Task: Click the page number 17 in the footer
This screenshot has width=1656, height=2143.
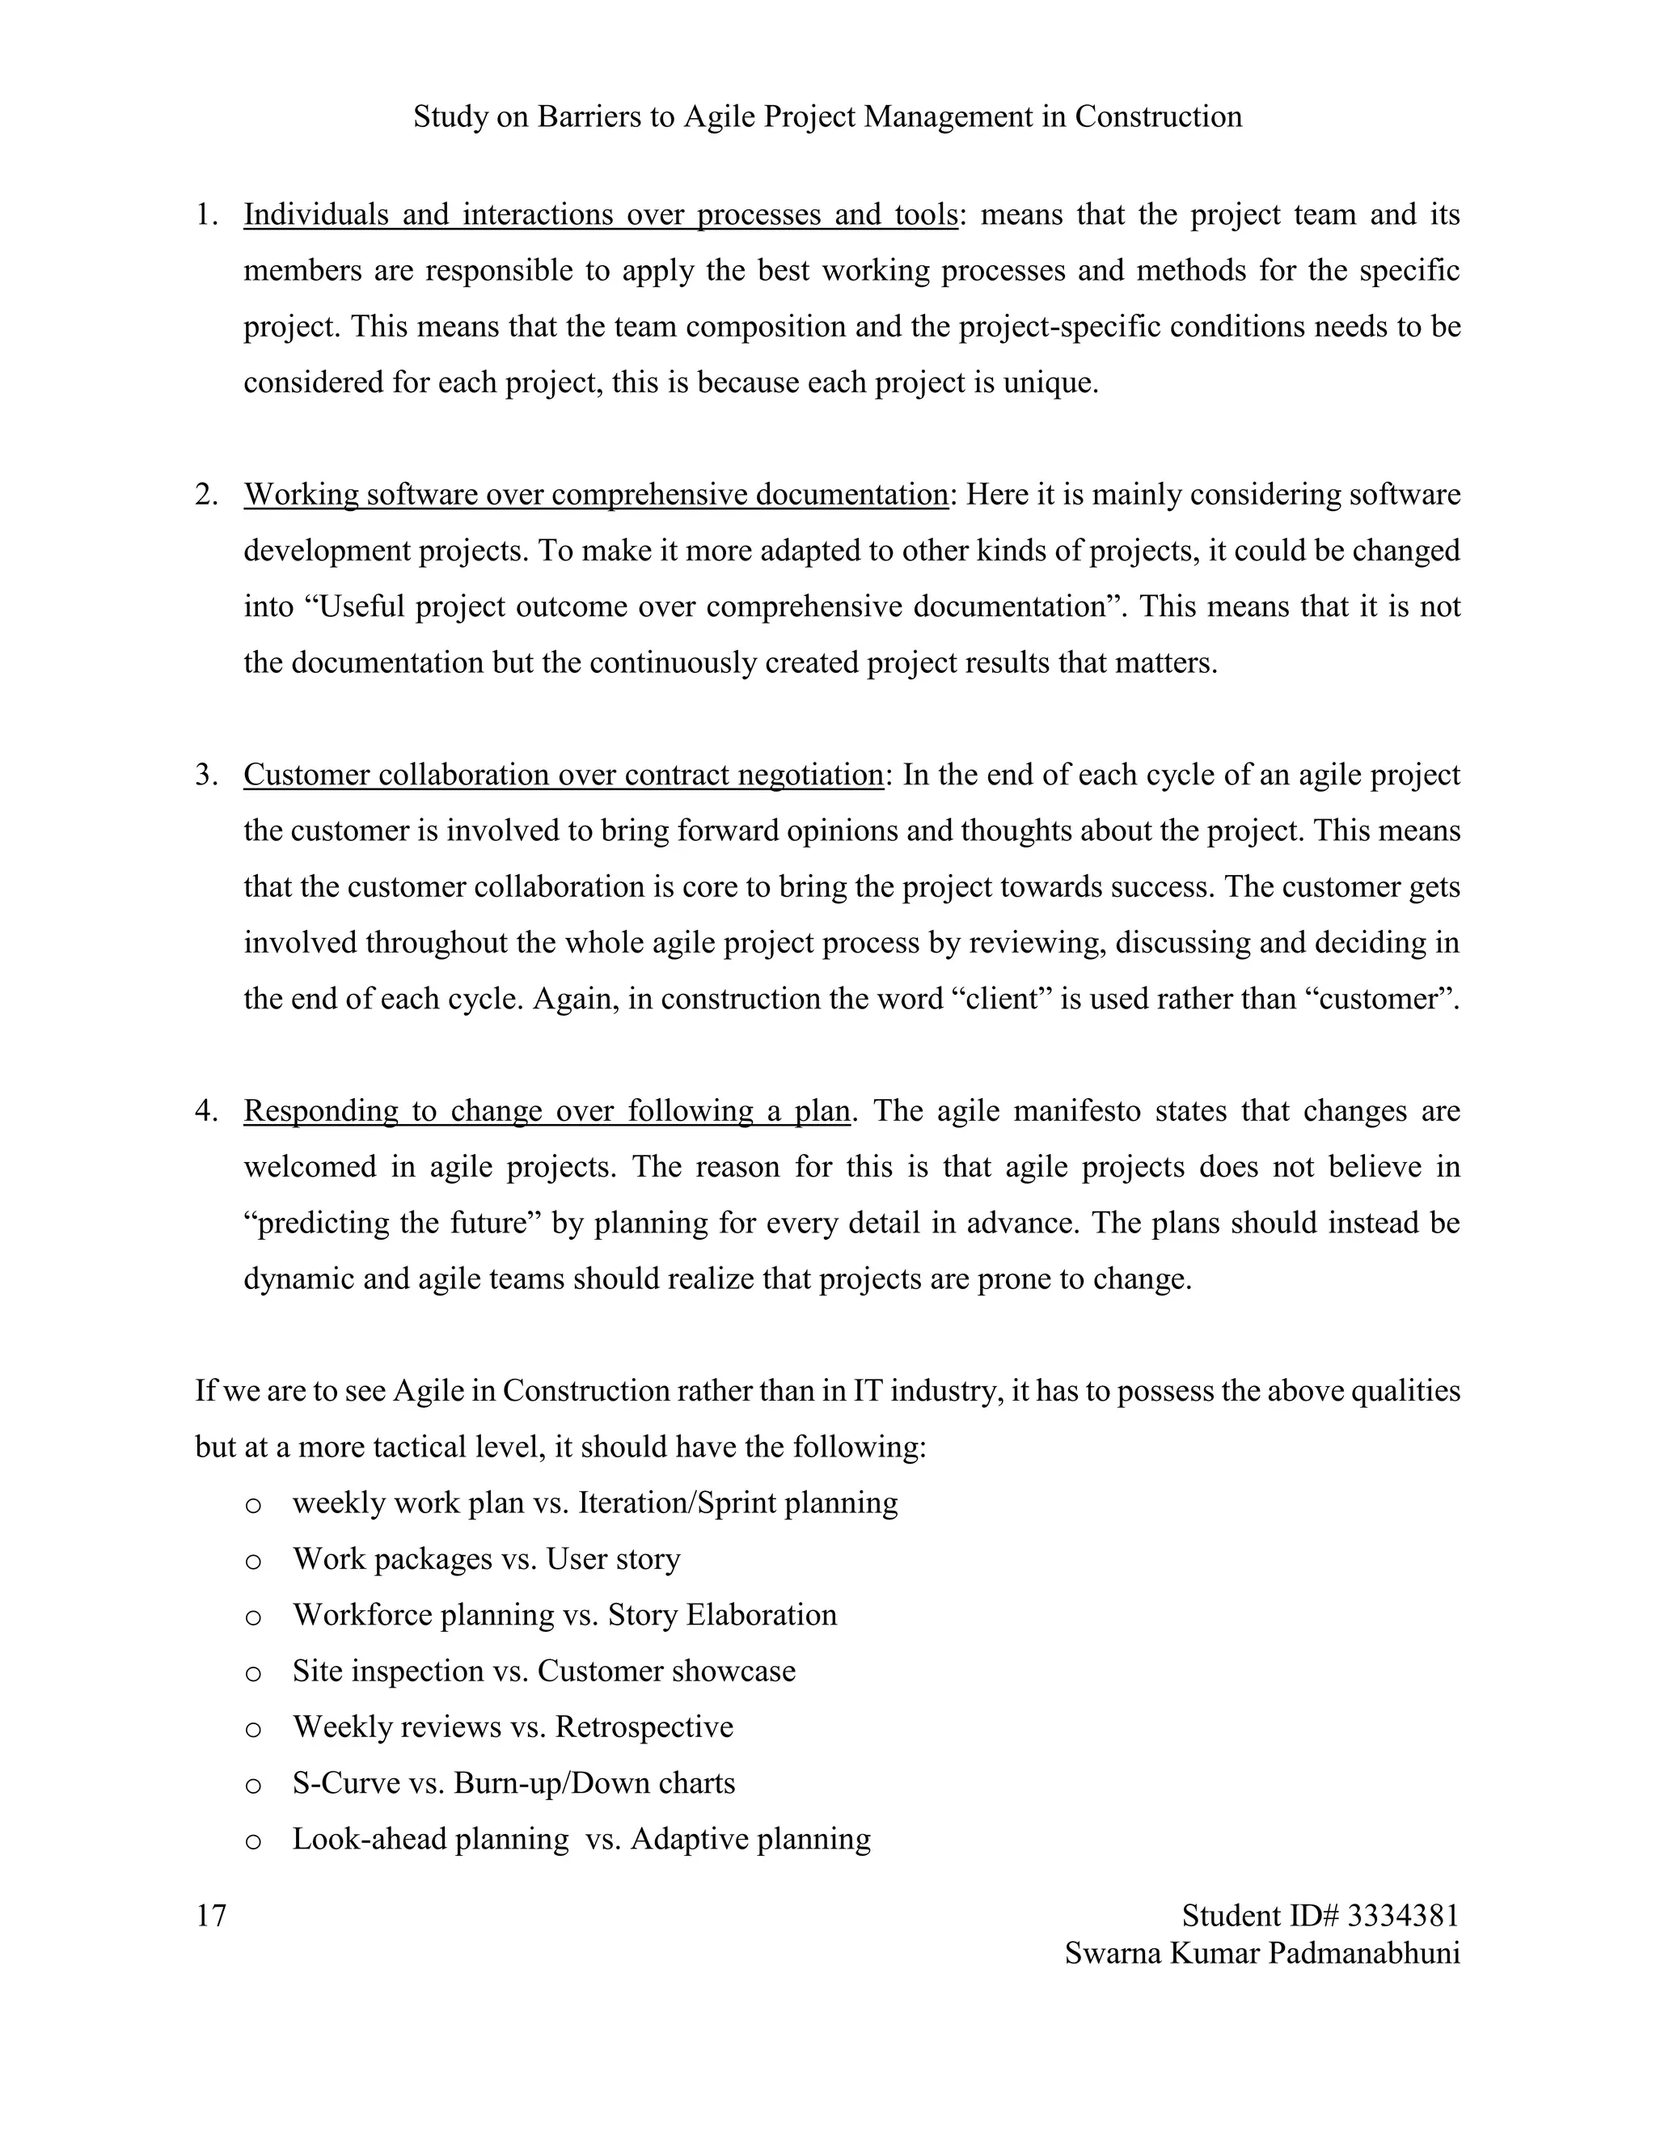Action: click(211, 1914)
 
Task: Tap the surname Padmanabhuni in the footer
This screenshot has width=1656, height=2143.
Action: click(1363, 1953)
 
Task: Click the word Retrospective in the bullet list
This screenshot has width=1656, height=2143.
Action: click(644, 1727)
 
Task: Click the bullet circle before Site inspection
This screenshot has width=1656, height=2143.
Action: click(253, 1673)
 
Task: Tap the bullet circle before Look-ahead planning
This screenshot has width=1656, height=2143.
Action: click(253, 1841)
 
